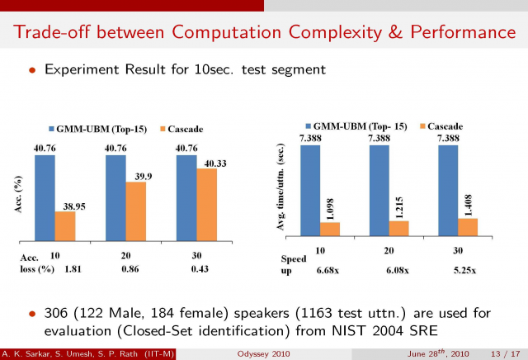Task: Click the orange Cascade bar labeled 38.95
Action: point(64,225)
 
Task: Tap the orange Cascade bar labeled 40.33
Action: point(206,203)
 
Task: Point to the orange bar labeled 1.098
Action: point(329,229)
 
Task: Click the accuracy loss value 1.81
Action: point(72,269)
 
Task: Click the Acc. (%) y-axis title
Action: point(17,196)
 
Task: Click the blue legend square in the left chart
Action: point(51,130)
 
